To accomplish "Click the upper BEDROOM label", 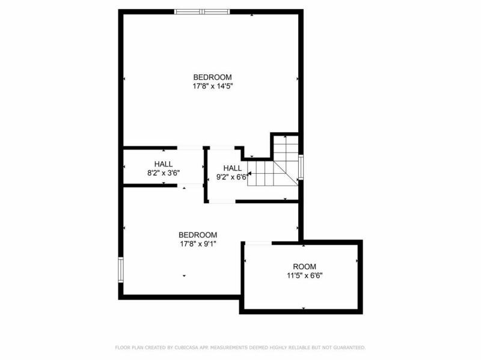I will click(x=212, y=77).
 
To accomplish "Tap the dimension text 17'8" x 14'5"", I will click(x=212, y=86).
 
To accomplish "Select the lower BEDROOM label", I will click(x=198, y=235).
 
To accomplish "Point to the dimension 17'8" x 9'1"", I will click(x=198, y=244).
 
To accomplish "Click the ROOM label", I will click(x=304, y=267).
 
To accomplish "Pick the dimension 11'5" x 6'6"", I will click(x=304, y=276).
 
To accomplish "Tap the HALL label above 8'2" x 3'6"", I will click(x=163, y=164).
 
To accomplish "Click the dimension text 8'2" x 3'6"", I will click(x=163, y=172).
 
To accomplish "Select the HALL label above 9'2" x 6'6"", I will click(x=233, y=168).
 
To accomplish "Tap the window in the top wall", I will click(x=202, y=11).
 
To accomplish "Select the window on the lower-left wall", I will click(x=121, y=269).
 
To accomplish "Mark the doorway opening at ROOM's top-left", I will click(x=258, y=243).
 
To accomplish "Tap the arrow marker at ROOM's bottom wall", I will click(x=304, y=308).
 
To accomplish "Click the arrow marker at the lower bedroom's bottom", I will click(x=184, y=276).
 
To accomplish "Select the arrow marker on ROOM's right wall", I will click(x=357, y=261).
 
